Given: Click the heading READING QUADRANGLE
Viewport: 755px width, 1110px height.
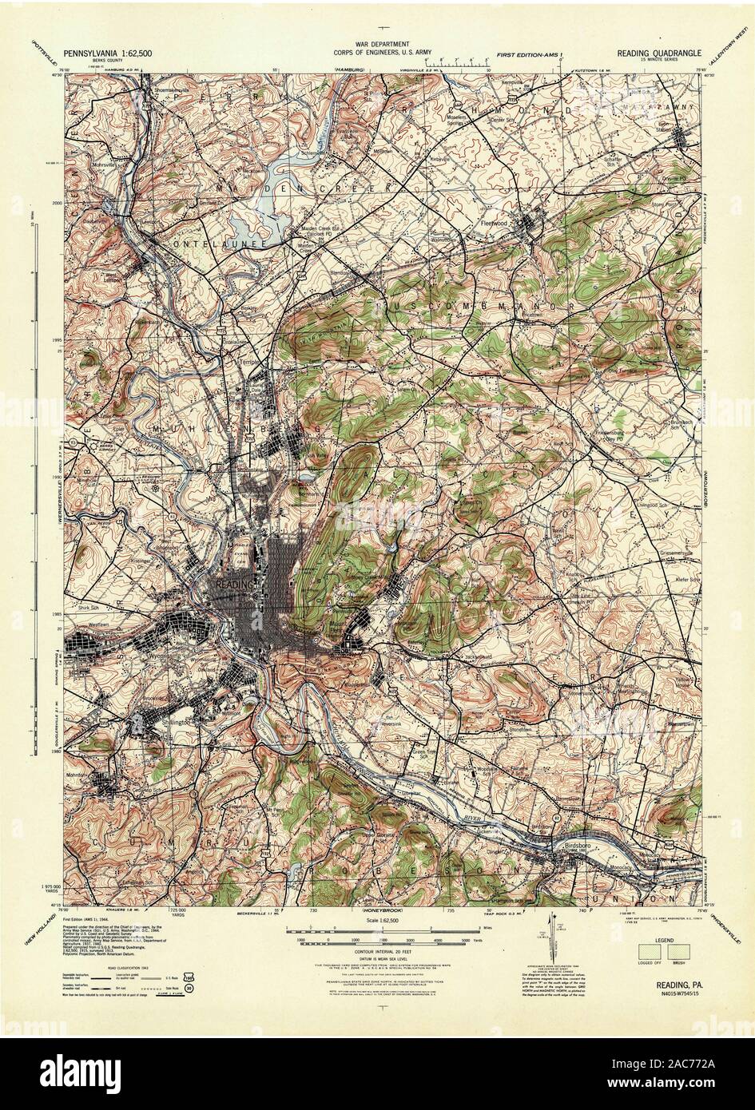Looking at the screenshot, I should [658, 51].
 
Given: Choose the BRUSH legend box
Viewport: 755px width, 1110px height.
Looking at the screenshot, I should [679, 950].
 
